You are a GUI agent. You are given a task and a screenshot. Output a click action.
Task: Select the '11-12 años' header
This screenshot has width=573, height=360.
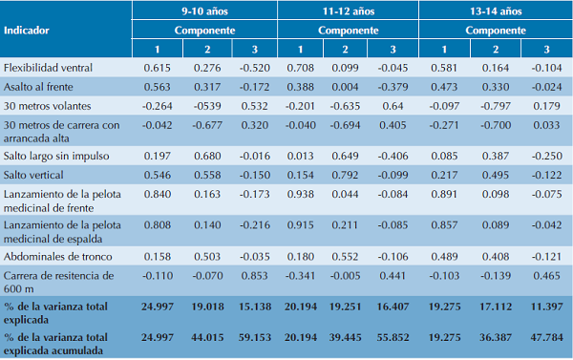(348, 12)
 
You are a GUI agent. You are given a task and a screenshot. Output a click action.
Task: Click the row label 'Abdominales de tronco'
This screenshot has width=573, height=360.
(54, 256)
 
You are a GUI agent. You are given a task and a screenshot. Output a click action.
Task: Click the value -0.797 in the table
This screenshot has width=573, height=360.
(496, 105)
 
